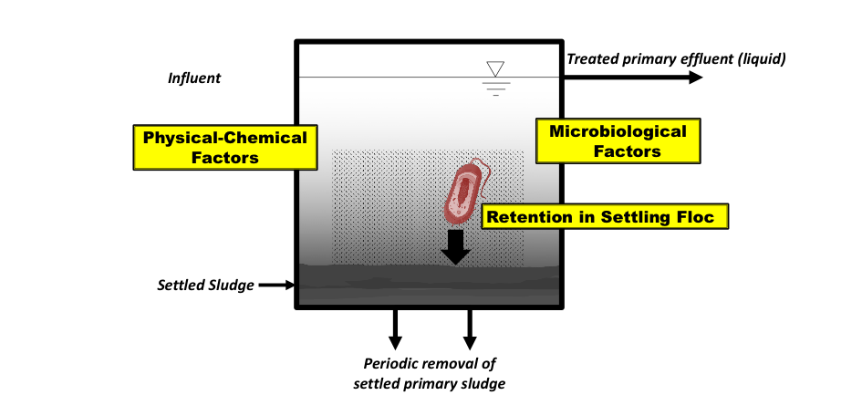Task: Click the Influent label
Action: pyautogui.click(x=194, y=78)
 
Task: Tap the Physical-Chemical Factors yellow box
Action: pyautogui.click(x=225, y=147)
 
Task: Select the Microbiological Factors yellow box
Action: pyautogui.click(x=618, y=140)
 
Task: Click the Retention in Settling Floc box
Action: pyautogui.click(x=605, y=216)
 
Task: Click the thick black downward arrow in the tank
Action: pyautogui.click(x=455, y=246)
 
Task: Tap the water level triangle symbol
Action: pyautogui.click(x=495, y=69)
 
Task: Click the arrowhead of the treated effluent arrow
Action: pyautogui.click(x=695, y=78)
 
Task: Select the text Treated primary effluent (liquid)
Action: pyautogui.click(x=676, y=58)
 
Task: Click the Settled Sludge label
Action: pyautogui.click(x=205, y=286)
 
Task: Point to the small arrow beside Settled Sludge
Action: pyautogui.click(x=277, y=286)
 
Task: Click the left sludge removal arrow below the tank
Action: pyautogui.click(x=395, y=329)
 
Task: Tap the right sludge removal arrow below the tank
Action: pyautogui.click(x=470, y=329)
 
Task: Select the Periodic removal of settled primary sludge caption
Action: pyautogui.click(x=430, y=374)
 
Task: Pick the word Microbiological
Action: pyautogui.click(x=618, y=131)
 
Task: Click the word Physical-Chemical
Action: pyautogui.click(x=224, y=138)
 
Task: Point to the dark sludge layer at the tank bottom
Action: pyautogui.click(x=430, y=285)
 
